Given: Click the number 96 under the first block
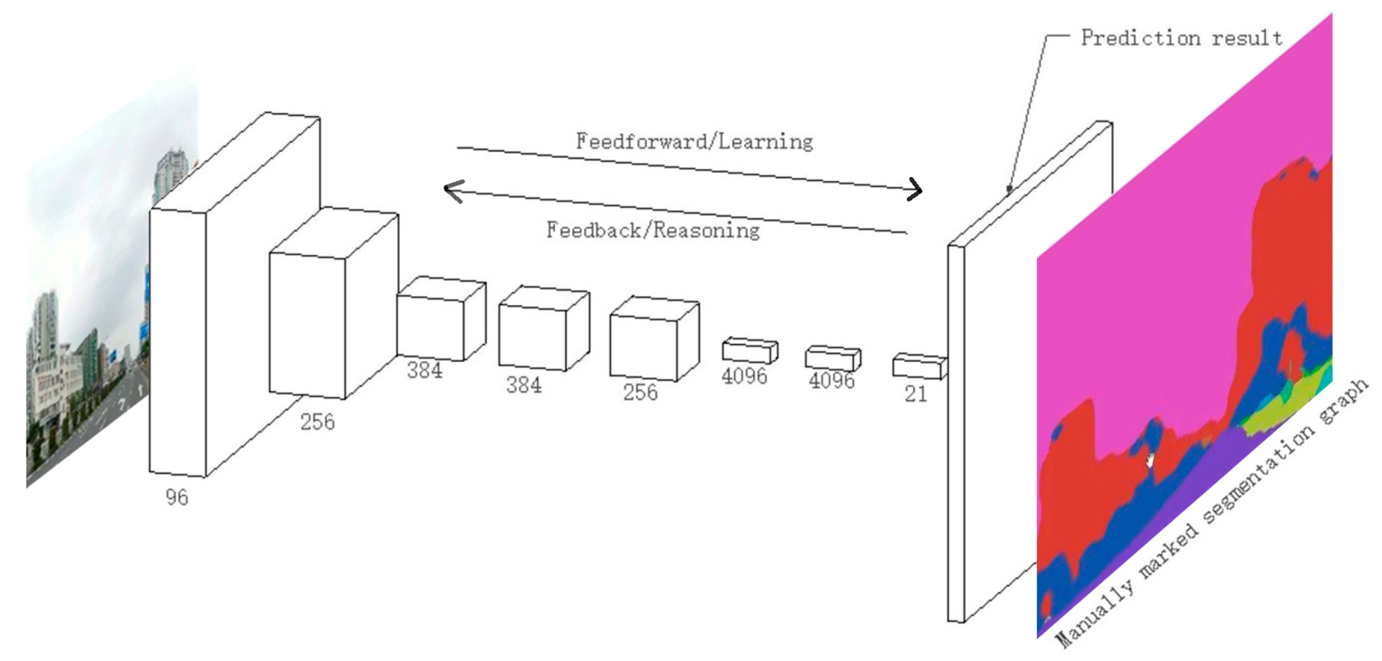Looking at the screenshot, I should (177, 497).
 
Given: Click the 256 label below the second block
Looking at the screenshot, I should (317, 422).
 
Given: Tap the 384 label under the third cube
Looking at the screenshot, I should (425, 370).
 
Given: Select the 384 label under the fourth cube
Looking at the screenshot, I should (524, 385).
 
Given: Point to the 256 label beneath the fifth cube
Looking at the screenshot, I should (640, 392).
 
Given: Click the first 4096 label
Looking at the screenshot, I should (743, 376).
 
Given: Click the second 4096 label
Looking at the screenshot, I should (832, 380).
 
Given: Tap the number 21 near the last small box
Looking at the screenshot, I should (915, 395).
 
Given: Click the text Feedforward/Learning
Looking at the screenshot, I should (694, 142).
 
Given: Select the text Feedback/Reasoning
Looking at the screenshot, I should (653, 230).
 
